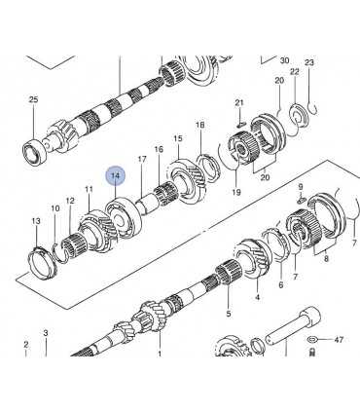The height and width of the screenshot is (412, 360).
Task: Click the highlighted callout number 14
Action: (x=116, y=176)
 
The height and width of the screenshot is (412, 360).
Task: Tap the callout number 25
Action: (x=33, y=99)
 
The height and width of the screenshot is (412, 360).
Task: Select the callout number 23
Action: (x=309, y=62)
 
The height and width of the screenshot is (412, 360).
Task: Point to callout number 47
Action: (x=339, y=340)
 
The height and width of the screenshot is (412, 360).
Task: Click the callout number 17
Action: (x=142, y=159)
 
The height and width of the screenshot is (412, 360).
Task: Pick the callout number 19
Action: (x=236, y=192)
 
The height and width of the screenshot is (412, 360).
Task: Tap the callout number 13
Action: (x=36, y=221)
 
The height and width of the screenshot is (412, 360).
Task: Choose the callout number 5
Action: (x=229, y=314)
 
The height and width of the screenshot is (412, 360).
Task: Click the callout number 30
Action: (x=284, y=60)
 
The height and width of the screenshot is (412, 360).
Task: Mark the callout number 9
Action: (x=301, y=187)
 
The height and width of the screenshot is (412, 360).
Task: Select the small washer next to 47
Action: (x=312, y=340)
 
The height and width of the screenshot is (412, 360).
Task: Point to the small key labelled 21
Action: (x=241, y=124)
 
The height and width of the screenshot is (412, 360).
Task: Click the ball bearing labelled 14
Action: (x=123, y=217)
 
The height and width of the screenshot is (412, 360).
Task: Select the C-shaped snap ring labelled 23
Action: (x=313, y=109)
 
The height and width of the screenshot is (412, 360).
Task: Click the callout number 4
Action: (x=258, y=297)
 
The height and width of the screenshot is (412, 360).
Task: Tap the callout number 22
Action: (x=295, y=72)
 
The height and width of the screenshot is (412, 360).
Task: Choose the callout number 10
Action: (x=55, y=208)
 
